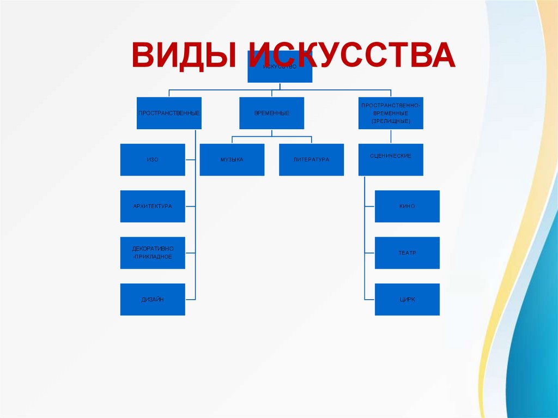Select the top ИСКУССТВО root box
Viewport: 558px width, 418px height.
(x=280, y=74)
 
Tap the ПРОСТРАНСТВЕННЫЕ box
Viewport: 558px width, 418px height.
(x=169, y=113)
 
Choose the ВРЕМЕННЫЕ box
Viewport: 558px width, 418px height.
(x=271, y=113)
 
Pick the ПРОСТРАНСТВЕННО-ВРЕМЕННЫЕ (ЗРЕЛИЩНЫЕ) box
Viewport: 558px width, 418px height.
(x=391, y=113)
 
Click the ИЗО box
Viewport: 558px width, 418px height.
(x=153, y=160)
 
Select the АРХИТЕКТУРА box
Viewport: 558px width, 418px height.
(x=153, y=207)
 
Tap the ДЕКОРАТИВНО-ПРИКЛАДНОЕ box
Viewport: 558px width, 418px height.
(x=153, y=253)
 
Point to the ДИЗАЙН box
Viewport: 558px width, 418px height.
(x=153, y=299)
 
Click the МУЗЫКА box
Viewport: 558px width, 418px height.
(x=232, y=160)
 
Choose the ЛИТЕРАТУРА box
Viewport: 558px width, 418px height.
(x=311, y=160)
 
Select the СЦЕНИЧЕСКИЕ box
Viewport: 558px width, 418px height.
(x=391, y=160)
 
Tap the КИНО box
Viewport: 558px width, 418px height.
(x=407, y=207)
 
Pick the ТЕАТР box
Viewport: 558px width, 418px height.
(x=407, y=253)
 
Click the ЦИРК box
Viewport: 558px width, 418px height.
(x=407, y=299)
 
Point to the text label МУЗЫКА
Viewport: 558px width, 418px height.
(x=232, y=160)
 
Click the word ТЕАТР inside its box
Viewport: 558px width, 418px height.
(x=407, y=253)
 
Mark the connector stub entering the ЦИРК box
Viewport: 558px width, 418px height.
(x=369, y=299)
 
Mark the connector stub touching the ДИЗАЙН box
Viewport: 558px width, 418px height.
(x=190, y=299)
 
